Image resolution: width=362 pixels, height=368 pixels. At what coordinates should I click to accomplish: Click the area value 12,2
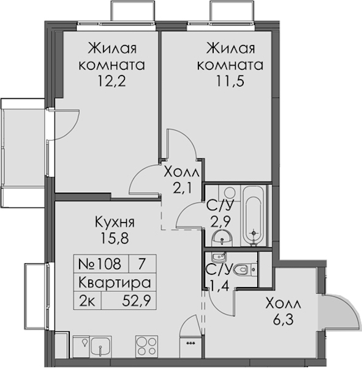pyautogui.click(x=111, y=81)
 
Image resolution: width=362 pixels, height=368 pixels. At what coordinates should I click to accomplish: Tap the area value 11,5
pyautogui.click(x=230, y=81)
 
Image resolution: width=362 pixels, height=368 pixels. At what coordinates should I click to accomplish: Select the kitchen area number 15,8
pyautogui.click(x=115, y=238)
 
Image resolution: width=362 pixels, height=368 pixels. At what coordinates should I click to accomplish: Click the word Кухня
pyautogui.click(x=115, y=222)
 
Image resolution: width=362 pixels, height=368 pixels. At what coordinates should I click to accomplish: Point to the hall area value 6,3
pyautogui.click(x=283, y=320)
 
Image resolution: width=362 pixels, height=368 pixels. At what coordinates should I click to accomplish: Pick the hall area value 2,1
pyautogui.click(x=183, y=188)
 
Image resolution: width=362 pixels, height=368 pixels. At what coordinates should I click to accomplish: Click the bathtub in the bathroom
pyautogui.click(x=253, y=215)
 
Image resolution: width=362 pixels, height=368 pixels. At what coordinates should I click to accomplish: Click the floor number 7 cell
pyautogui.click(x=141, y=264)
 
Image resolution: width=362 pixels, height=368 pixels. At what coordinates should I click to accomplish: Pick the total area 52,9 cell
pyautogui.click(x=129, y=301)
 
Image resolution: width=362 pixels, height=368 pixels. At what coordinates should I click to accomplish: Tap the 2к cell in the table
pyautogui.click(x=87, y=301)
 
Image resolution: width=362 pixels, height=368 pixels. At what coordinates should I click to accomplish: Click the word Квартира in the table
pyautogui.click(x=115, y=282)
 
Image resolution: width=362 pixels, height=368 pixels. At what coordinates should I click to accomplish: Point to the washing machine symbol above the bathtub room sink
pyautogui.click(x=229, y=193)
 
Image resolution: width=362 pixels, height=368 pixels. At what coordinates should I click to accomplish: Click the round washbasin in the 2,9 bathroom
pyautogui.click(x=222, y=239)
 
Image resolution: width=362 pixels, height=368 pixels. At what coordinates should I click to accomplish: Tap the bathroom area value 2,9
pyautogui.click(x=220, y=222)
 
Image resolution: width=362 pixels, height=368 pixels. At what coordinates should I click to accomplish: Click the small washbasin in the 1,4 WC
pyautogui.click(x=219, y=258)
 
